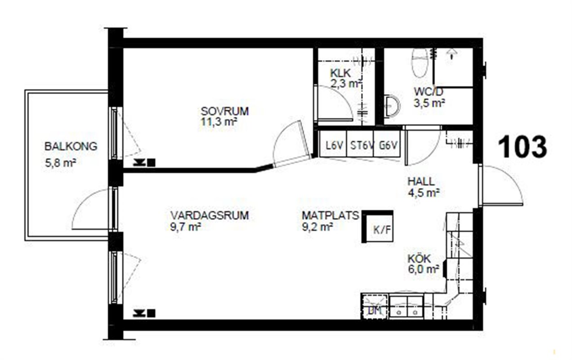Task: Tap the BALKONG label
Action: (71, 146)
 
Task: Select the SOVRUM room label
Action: (225, 112)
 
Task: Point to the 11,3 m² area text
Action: (219, 122)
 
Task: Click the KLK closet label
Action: (340, 73)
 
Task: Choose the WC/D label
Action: (429, 91)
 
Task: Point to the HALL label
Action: (421, 182)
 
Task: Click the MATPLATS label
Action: (331, 216)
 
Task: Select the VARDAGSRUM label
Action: (210, 216)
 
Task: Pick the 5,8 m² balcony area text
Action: (61, 163)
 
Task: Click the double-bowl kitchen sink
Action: (407, 307)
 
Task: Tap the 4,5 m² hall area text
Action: (424, 193)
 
